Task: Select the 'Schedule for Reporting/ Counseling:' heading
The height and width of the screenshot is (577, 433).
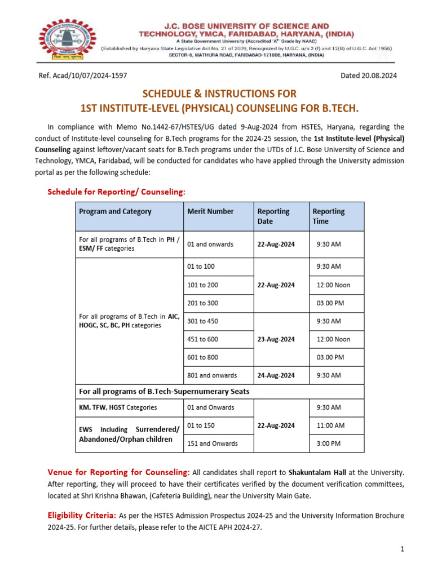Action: tap(116, 192)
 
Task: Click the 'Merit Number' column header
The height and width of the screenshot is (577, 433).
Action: tap(210, 211)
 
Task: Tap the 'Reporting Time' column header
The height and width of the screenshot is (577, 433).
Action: tap(328, 216)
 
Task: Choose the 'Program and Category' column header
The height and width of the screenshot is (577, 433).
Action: tap(115, 211)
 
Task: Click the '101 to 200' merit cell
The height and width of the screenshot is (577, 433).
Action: tap(202, 285)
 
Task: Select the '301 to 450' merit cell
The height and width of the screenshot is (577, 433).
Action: tap(202, 321)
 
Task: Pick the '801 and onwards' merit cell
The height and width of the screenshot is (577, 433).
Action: tap(212, 375)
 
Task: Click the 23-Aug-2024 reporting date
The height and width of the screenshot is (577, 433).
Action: tap(276, 339)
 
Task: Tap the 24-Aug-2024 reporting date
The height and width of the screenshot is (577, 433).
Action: tap(276, 375)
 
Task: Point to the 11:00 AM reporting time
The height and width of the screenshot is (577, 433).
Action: tap(331, 425)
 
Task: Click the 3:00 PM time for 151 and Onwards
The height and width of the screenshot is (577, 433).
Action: tap(329, 443)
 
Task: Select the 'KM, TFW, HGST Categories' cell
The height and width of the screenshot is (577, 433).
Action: tap(118, 407)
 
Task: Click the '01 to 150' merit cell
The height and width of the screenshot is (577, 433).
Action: tap(201, 425)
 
